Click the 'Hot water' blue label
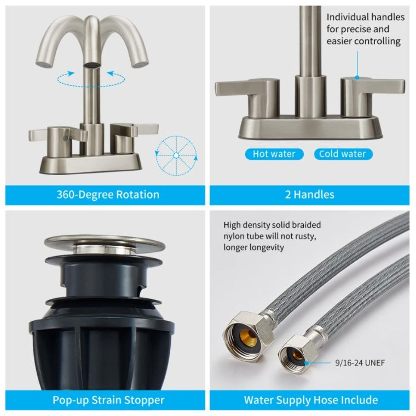pos(274,154)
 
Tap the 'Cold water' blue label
pos(343,154)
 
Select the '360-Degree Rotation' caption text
pos(108,194)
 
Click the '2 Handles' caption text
pos(310,194)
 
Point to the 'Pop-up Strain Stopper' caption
pos(108,400)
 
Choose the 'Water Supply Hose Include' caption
pos(311,400)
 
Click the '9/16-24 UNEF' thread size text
pos(360,363)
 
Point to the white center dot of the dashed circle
pos(176,155)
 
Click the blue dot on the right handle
pos(357,78)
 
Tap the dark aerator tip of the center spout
pos(91,65)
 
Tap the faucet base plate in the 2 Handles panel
pos(310,128)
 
